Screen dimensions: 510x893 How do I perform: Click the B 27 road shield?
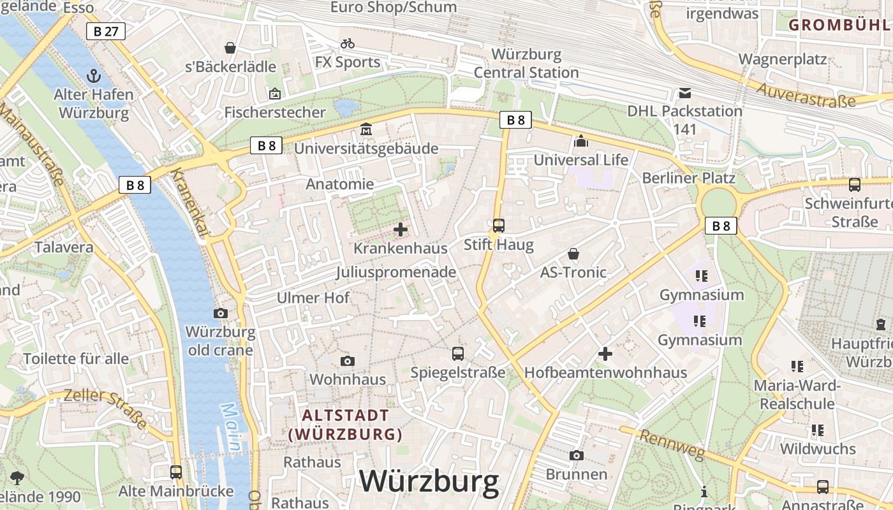pyautogui.click(x=106, y=31)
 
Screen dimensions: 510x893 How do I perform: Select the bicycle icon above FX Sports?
pyautogui.click(x=348, y=43)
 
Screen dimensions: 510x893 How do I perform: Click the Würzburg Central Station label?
pyautogui.click(x=526, y=63)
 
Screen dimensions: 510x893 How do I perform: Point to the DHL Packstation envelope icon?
pyautogui.click(x=684, y=93)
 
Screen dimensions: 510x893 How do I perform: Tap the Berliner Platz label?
pyautogui.click(x=688, y=178)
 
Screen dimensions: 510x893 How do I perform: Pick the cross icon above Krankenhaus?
pyautogui.click(x=401, y=229)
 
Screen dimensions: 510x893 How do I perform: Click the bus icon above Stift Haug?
pyautogui.click(x=499, y=225)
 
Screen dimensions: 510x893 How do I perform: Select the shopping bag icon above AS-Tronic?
pyautogui.click(x=573, y=254)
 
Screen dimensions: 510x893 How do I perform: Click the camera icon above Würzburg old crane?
pyautogui.click(x=221, y=313)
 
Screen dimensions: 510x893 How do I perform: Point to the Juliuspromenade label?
pyautogui.click(x=395, y=272)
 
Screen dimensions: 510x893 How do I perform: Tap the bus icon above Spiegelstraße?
pyautogui.click(x=458, y=353)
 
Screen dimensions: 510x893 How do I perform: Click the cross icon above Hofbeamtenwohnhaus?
pyautogui.click(x=605, y=353)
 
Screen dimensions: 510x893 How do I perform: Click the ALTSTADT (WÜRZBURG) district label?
pyautogui.click(x=345, y=425)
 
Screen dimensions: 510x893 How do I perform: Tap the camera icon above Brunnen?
pyautogui.click(x=577, y=455)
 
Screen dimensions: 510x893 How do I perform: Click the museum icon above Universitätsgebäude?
pyautogui.click(x=366, y=129)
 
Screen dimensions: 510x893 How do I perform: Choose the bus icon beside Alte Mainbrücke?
pyautogui.click(x=176, y=472)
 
